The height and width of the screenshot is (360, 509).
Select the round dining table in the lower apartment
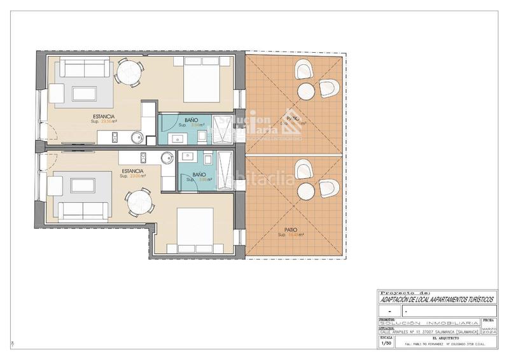[139, 204]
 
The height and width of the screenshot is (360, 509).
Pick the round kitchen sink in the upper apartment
[136, 137]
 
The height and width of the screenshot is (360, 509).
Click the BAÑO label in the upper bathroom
[191, 120]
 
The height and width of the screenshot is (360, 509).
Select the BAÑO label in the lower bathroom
[198, 174]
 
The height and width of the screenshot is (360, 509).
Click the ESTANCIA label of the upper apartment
[103, 117]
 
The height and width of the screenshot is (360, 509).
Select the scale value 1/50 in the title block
[386, 343]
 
